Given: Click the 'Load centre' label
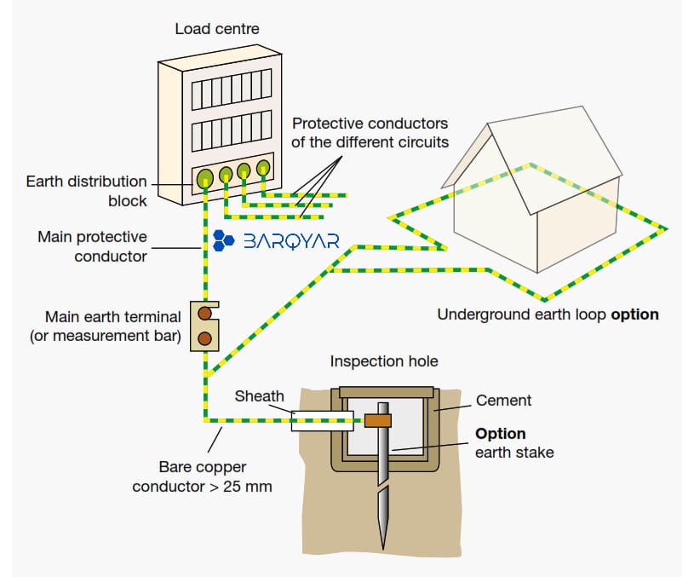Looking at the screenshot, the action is [x=217, y=29].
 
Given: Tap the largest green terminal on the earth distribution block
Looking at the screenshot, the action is [x=204, y=178].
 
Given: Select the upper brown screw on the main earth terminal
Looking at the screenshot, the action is [x=204, y=314].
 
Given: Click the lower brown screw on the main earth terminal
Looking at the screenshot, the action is [x=204, y=338].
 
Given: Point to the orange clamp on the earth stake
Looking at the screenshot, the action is [x=378, y=420].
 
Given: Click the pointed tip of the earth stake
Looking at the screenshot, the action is [x=383, y=550].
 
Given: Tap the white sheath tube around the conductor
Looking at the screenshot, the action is [x=322, y=421].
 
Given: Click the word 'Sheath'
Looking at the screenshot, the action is [x=260, y=395].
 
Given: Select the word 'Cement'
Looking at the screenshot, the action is [x=503, y=401].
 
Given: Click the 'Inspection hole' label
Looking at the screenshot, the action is [x=384, y=361].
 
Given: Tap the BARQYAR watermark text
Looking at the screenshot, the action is [x=292, y=241].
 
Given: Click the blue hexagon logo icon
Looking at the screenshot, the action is [x=223, y=240].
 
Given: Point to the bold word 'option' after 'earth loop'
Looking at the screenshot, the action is [x=634, y=314].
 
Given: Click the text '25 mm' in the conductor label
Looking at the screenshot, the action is [x=248, y=487].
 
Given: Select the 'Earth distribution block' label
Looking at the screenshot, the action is [x=86, y=191].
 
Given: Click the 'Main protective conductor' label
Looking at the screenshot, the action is [x=92, y=246].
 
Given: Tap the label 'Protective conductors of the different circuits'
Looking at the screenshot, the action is [x=370, y=132].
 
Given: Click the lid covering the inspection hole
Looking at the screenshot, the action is [x=387, y=392].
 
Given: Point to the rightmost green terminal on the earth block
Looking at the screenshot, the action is [x=263, y=168].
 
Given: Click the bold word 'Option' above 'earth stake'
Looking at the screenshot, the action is [x=501, y=434].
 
